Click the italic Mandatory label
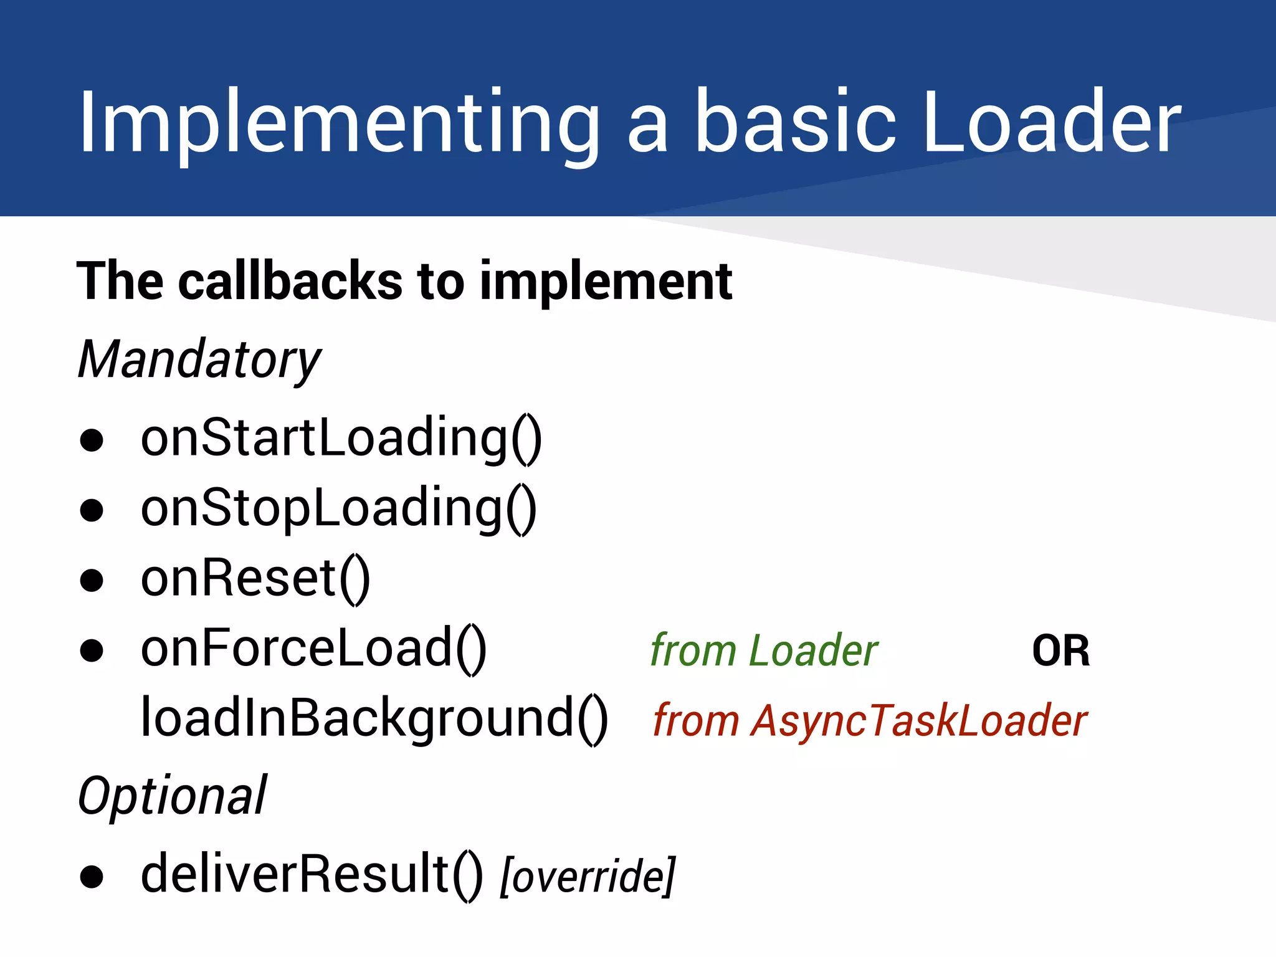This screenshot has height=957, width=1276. (199, 360)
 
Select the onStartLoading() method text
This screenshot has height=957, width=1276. (341, 439)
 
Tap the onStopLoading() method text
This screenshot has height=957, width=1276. (338, 509)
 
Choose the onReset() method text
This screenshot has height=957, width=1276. (255, 579)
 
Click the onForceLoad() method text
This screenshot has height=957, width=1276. (313, 649)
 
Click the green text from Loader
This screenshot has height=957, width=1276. (764, 650)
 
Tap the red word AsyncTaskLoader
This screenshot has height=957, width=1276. (919, 721)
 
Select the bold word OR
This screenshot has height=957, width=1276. (1061, 651)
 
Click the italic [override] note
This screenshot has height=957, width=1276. (588, 876)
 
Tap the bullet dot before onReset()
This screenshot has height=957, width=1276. (92, 581)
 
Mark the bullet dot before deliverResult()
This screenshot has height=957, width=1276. (92, 877)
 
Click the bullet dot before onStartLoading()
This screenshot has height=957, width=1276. (92, 440)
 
